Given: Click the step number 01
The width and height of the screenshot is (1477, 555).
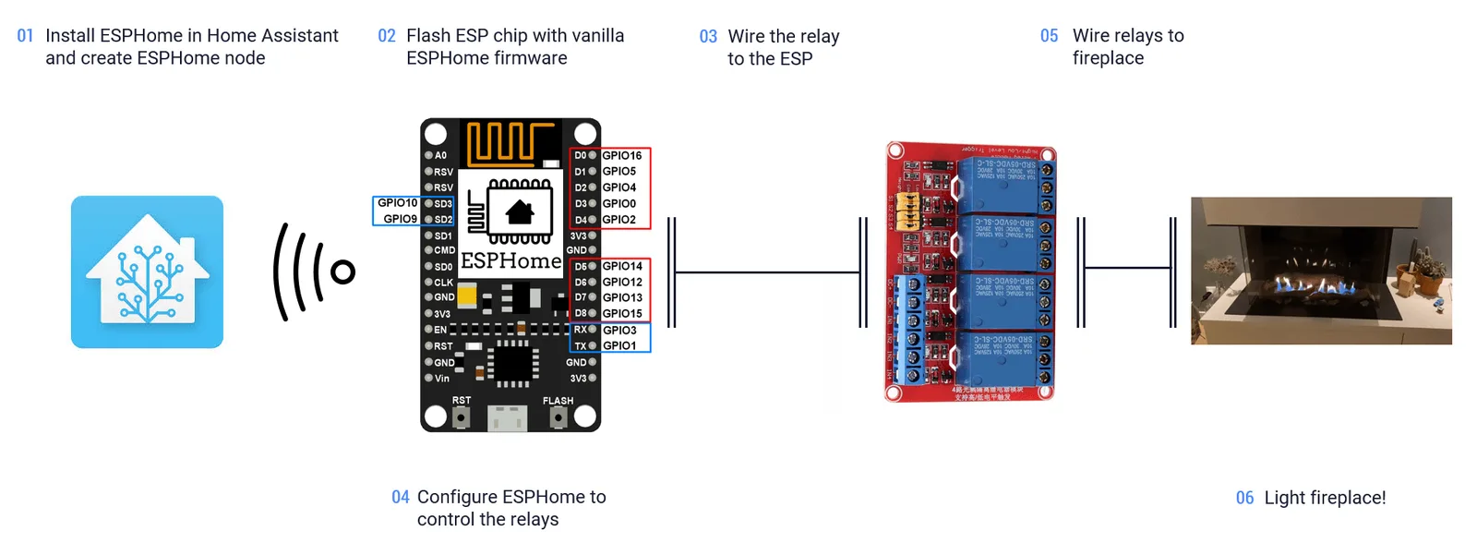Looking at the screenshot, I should click(25, 36).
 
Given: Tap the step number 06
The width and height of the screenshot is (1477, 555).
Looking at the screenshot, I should click(1244, 498).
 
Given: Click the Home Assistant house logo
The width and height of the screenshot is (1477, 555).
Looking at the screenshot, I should click(147, 271).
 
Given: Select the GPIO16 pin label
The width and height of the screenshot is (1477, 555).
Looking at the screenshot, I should click(621, 155).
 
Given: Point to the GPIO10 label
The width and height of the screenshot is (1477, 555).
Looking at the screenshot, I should click(397, 202).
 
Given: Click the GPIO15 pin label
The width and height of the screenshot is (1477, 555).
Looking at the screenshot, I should click(622, 314).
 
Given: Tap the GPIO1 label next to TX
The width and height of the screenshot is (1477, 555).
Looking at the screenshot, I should click(619, 345).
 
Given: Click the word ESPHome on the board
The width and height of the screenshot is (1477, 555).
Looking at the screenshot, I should click(510, 261).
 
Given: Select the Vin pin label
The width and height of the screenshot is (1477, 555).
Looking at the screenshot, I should click(442, 378).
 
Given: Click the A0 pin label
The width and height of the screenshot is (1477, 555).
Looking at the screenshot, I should click(440, 155).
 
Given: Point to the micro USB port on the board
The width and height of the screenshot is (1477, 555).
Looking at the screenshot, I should click(507, 419).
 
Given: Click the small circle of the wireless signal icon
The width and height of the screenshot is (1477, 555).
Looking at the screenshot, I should click(343, 271).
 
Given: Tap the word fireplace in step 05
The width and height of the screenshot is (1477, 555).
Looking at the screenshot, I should click(1108, 58).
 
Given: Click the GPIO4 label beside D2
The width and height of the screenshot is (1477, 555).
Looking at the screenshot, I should click(618, 187).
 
